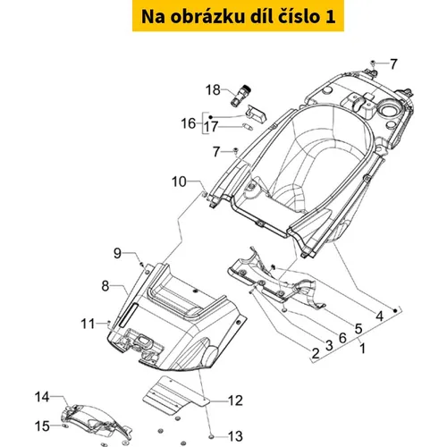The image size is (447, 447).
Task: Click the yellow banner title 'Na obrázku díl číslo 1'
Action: point(238,16)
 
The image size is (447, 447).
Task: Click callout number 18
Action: point(213,89)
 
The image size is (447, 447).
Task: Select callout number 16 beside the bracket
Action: point(189,123)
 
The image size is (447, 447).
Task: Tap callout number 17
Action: point(211,127)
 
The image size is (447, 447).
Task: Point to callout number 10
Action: point(179,181)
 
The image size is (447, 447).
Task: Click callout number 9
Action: point(117,253)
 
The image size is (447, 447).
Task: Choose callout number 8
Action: point(105,286)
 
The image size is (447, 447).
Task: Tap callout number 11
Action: point(88,324)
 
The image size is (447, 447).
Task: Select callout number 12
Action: point(235,401)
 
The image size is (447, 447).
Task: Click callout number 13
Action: point(235,436)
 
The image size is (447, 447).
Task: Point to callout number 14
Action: point(42,397)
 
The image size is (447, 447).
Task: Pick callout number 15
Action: point(42,426)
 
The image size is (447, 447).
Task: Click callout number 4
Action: point(379,316)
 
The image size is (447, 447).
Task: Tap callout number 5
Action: point(358,328)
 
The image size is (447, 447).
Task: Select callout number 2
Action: point(316,353)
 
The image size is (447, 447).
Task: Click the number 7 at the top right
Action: point(393,63)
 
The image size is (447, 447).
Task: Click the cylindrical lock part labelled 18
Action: point(241,95)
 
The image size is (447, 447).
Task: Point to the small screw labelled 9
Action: point(142,265)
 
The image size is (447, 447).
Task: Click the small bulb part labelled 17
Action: point(248,127)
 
